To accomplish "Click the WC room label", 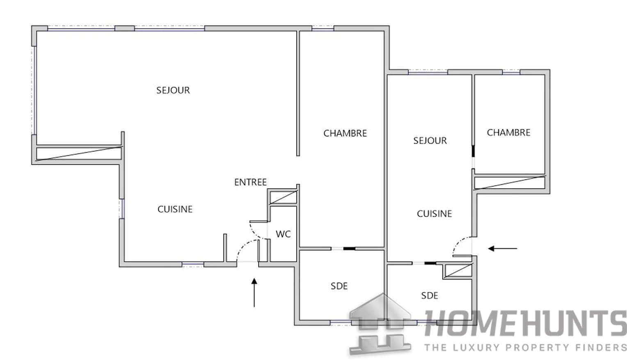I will coord(283,234).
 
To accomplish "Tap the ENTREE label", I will coord(250,182).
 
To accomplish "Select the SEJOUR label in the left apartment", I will coord(173,90).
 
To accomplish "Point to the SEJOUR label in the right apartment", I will coord(430,141).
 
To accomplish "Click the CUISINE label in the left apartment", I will coord(175,209).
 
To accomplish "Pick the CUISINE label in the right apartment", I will coord(434,214).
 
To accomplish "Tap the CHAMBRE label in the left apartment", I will coord(345,133).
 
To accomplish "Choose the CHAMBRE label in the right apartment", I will coord(508,133).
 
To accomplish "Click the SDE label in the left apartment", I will coord(339,286).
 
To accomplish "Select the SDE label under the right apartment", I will coord(430,296).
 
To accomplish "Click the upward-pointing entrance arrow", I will coord(254,292).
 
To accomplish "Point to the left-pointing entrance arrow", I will coord(503,248).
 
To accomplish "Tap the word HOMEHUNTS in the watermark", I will coord(525,324).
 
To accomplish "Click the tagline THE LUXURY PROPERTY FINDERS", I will coord(525,348).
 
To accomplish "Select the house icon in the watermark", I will coord(380,324).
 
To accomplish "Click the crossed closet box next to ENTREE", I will coord(283,197).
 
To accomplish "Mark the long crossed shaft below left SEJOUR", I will coord(79,154).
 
